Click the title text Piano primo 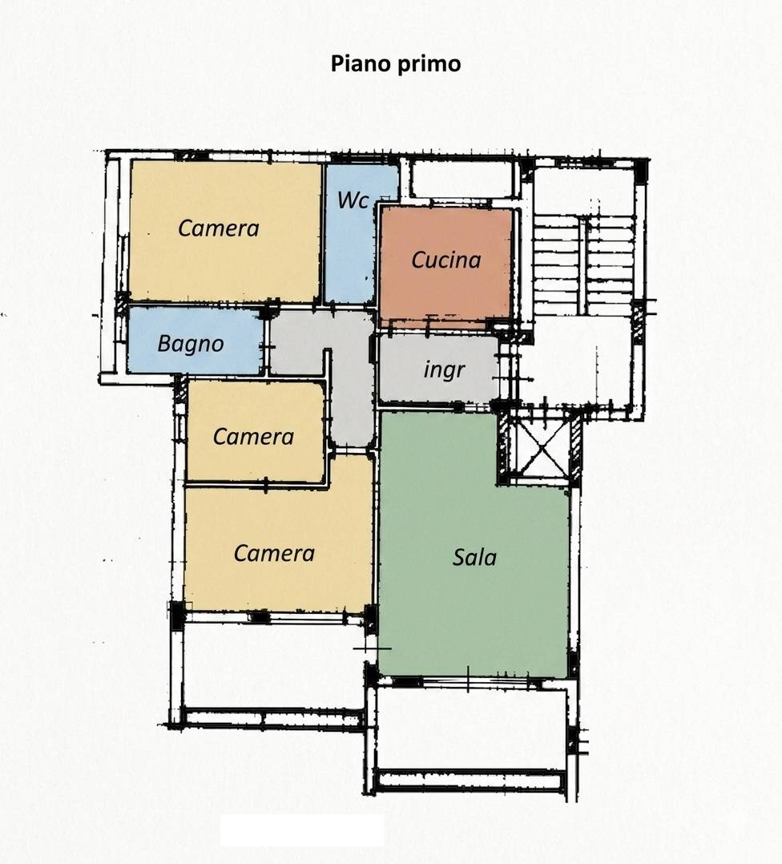coord(395,64)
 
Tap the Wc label coord(353,200)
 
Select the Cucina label coord(446,260)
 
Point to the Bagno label coord(191,344)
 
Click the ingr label coord(445,370)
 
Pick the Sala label coord(474,557)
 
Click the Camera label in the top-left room coord(218,228)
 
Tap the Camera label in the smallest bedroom coord(253,436)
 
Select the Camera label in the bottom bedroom coord(274,553)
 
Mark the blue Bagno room coord(195,340)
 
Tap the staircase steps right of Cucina coord(584,264)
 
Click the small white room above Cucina coord(462,177)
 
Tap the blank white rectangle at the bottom coord(302,830)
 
